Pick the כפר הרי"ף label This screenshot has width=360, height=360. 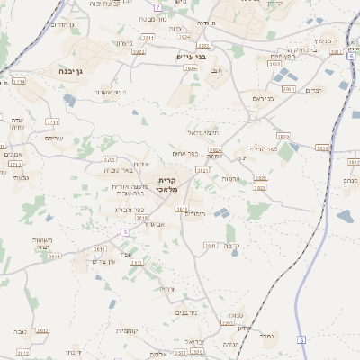pos(262,149)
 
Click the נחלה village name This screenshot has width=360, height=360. pos(265,335)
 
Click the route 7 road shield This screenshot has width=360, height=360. pos(157,6)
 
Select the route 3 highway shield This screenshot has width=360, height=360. pos(125,231)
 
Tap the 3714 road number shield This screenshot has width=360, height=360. pos(20,81)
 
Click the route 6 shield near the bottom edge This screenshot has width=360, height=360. pos(302,339)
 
